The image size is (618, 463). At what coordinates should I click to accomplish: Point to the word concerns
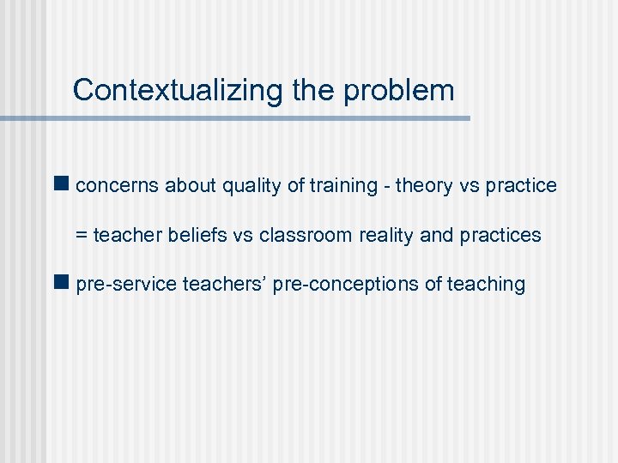coord(118,185)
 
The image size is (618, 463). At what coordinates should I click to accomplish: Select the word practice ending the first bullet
coord(521,185)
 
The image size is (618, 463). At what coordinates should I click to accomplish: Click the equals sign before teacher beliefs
coord(82,235)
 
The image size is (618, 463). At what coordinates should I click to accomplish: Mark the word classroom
coord(294,235)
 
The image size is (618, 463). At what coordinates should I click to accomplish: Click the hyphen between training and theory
coord(386,186)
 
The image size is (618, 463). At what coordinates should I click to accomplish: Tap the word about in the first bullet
coord(191,185)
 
